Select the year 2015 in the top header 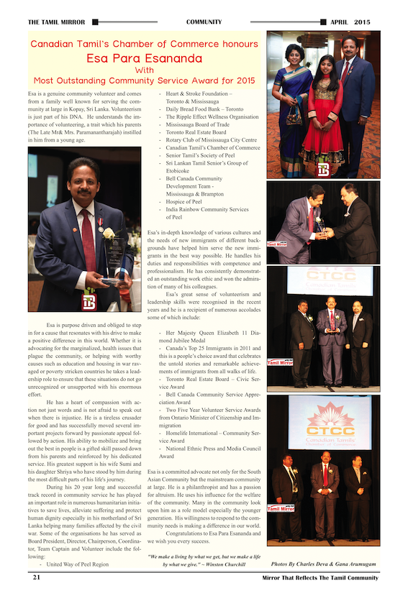pyautogui.click(x=363, y=22)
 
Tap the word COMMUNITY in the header pyautogui.click(x=204, y=22)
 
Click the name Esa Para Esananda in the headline pyautogui.click(x=145, y=58)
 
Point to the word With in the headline pyautogui.click(x=145, y=70)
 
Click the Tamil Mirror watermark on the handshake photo pyautogui.click(x=276, y=244)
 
